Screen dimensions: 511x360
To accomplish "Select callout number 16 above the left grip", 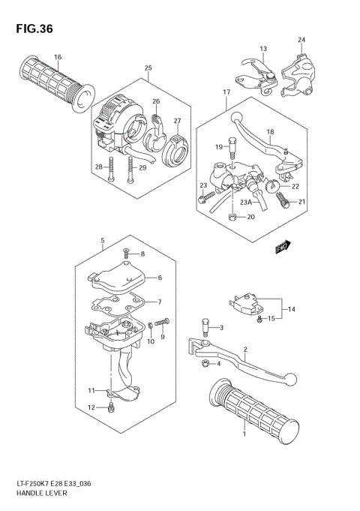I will pos(58,57).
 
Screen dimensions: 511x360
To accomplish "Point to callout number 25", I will pos(148,68).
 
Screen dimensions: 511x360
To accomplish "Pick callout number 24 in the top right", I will pos(301,40).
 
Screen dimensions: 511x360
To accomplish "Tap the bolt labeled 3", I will pos(204,327).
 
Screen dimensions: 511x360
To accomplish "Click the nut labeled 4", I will pos(204,364).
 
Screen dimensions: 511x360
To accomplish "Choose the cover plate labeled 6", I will pos(120,275).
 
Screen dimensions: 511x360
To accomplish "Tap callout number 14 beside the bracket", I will pos(292,308).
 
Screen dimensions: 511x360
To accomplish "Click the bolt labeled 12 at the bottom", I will pos(111,407).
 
